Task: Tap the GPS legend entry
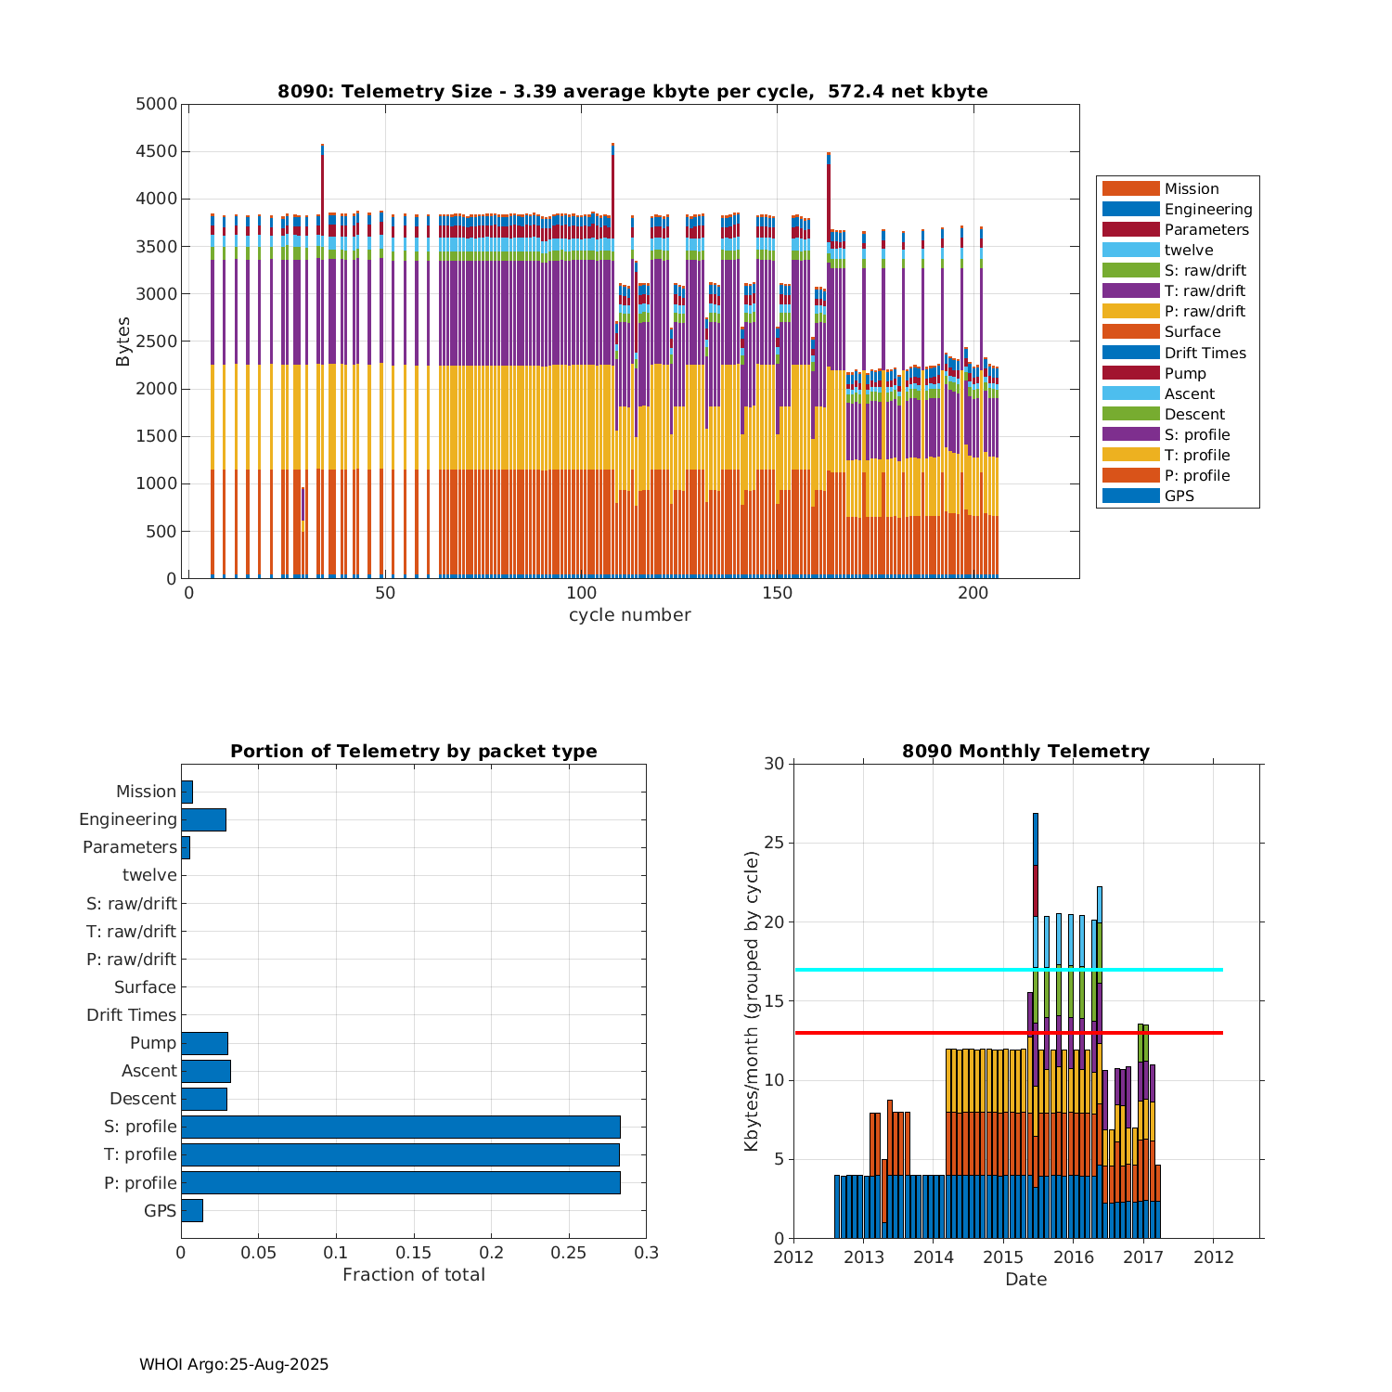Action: point(1179,496)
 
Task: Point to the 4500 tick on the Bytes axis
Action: point(156,151)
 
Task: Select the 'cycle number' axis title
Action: point(629,615)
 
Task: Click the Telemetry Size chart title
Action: point(632,91)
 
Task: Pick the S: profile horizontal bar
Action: point(400,1127)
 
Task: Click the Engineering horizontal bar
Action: point(203,819)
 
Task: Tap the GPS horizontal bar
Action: point(191,1210)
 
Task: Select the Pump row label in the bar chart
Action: point(153,1043)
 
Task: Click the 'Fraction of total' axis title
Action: point(413,1275)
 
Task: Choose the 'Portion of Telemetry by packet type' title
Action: point(413,752)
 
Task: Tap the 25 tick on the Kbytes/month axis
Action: point(774,844)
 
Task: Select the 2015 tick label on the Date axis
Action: point(1002,1257)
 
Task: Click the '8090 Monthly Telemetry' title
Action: point(1025,752)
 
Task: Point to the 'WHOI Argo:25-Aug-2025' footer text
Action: point(234,1365)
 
